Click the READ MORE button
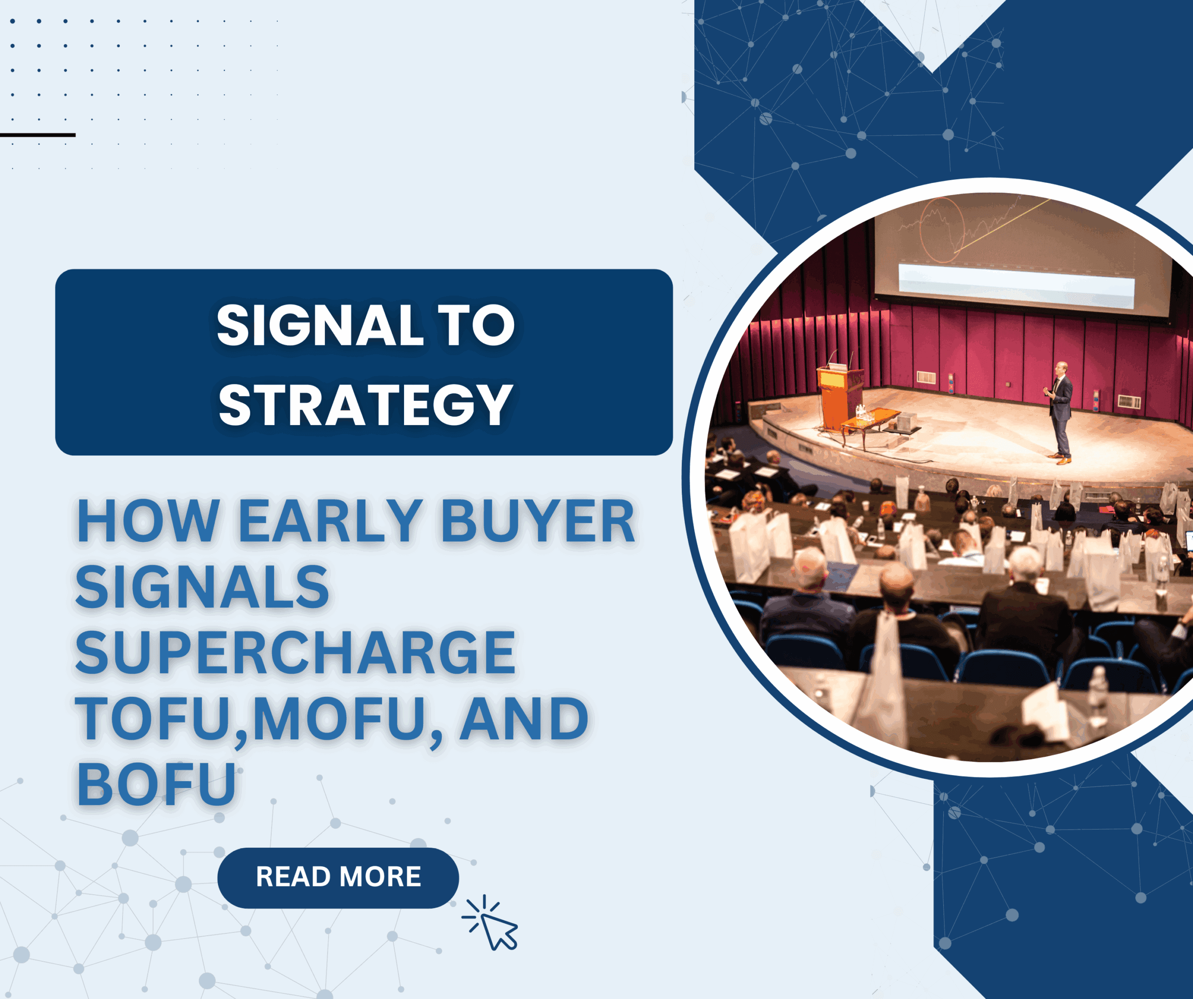tap(338, 877)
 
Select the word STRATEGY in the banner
tap(366, 405)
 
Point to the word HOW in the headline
tap(148, 521)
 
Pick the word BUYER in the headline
tap(538, 521)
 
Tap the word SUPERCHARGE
tap(295, 653)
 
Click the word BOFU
tap(156, 784)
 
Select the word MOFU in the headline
tap(339, 719)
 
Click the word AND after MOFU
tap(524, 719)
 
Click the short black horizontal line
tap(37, 135)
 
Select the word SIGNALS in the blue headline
tap(202, 587)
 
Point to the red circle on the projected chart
tap(942, 229)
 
